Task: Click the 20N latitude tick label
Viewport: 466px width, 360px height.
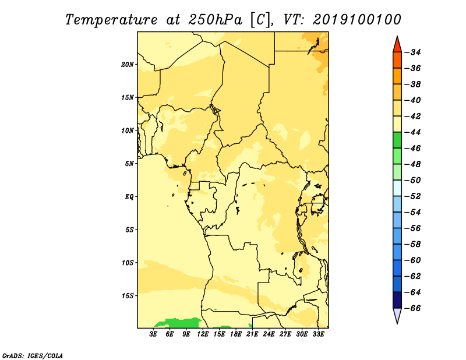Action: pos(128,65)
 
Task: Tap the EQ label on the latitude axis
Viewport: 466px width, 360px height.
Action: pos(129,197)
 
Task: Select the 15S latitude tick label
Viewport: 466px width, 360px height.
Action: pos(128,296)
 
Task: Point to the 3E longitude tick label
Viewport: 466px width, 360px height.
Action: pos(153,334)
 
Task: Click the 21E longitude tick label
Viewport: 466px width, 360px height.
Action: pos(252,334)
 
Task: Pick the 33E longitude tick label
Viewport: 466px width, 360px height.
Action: pos(318,334)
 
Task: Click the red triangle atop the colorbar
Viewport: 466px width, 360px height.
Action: pos(397,45)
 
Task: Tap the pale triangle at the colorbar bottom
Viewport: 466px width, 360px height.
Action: pos(397,315)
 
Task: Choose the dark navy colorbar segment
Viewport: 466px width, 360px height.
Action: pos(397,300)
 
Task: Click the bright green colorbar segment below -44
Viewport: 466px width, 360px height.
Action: pos(397,140)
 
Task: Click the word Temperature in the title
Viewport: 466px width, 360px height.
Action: pos(111,20)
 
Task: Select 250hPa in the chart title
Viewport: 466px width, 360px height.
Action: pos(215,20)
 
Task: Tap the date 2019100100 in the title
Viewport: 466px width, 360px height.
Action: pos(357,20)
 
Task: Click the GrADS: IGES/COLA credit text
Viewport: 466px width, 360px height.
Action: pos(33,355)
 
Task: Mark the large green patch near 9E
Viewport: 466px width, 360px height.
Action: pos(178,323)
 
